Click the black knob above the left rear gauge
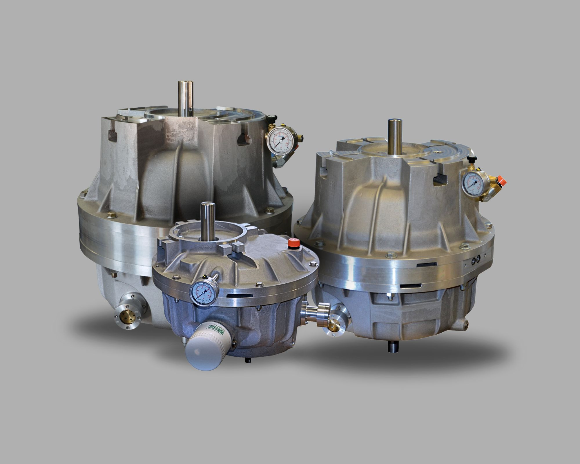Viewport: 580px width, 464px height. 272,118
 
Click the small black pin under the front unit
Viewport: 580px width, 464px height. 248,360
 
